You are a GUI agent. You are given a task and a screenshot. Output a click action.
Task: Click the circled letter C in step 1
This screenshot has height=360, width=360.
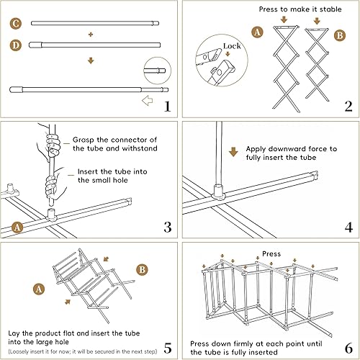click(16, 24)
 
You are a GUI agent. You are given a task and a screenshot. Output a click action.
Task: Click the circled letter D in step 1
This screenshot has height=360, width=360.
click(16, 45)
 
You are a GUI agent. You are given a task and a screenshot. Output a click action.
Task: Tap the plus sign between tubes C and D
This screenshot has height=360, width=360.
click(91, 35)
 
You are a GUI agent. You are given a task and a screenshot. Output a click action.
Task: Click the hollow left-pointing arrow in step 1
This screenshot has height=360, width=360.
click(148, 100)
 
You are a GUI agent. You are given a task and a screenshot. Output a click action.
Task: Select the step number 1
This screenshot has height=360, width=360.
click(168, 107)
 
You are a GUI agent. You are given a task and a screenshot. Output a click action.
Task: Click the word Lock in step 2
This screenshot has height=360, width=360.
click(232, 46)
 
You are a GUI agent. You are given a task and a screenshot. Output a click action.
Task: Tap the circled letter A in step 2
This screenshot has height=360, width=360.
click(257, 32)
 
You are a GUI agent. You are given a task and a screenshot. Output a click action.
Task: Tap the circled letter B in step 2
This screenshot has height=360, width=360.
click(340, 35)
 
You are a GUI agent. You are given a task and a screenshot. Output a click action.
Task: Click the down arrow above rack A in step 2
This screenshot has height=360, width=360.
click(284, 19)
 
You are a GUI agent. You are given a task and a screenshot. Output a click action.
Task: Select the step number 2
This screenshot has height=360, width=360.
click(348, 107)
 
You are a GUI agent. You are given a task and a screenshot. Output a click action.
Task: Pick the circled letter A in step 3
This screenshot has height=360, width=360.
click(17, 227)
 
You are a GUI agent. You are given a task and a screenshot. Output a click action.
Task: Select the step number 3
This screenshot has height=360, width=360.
click(168, 227)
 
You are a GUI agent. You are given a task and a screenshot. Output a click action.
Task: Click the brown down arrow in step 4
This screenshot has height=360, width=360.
click(233, 152)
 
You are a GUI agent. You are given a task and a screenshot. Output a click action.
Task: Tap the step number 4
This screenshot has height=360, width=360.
click(348, 227)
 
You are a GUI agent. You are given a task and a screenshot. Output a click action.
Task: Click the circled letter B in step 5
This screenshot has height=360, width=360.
click(143, 269)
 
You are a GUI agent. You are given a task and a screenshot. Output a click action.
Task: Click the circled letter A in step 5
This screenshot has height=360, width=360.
click(39, 289)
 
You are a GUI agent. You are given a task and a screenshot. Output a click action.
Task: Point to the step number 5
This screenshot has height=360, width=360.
click(168, 348)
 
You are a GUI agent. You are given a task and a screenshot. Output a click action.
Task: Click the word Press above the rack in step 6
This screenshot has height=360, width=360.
click(271, 253)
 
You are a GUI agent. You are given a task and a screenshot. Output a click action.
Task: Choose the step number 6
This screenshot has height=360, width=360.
click(348, 348)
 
